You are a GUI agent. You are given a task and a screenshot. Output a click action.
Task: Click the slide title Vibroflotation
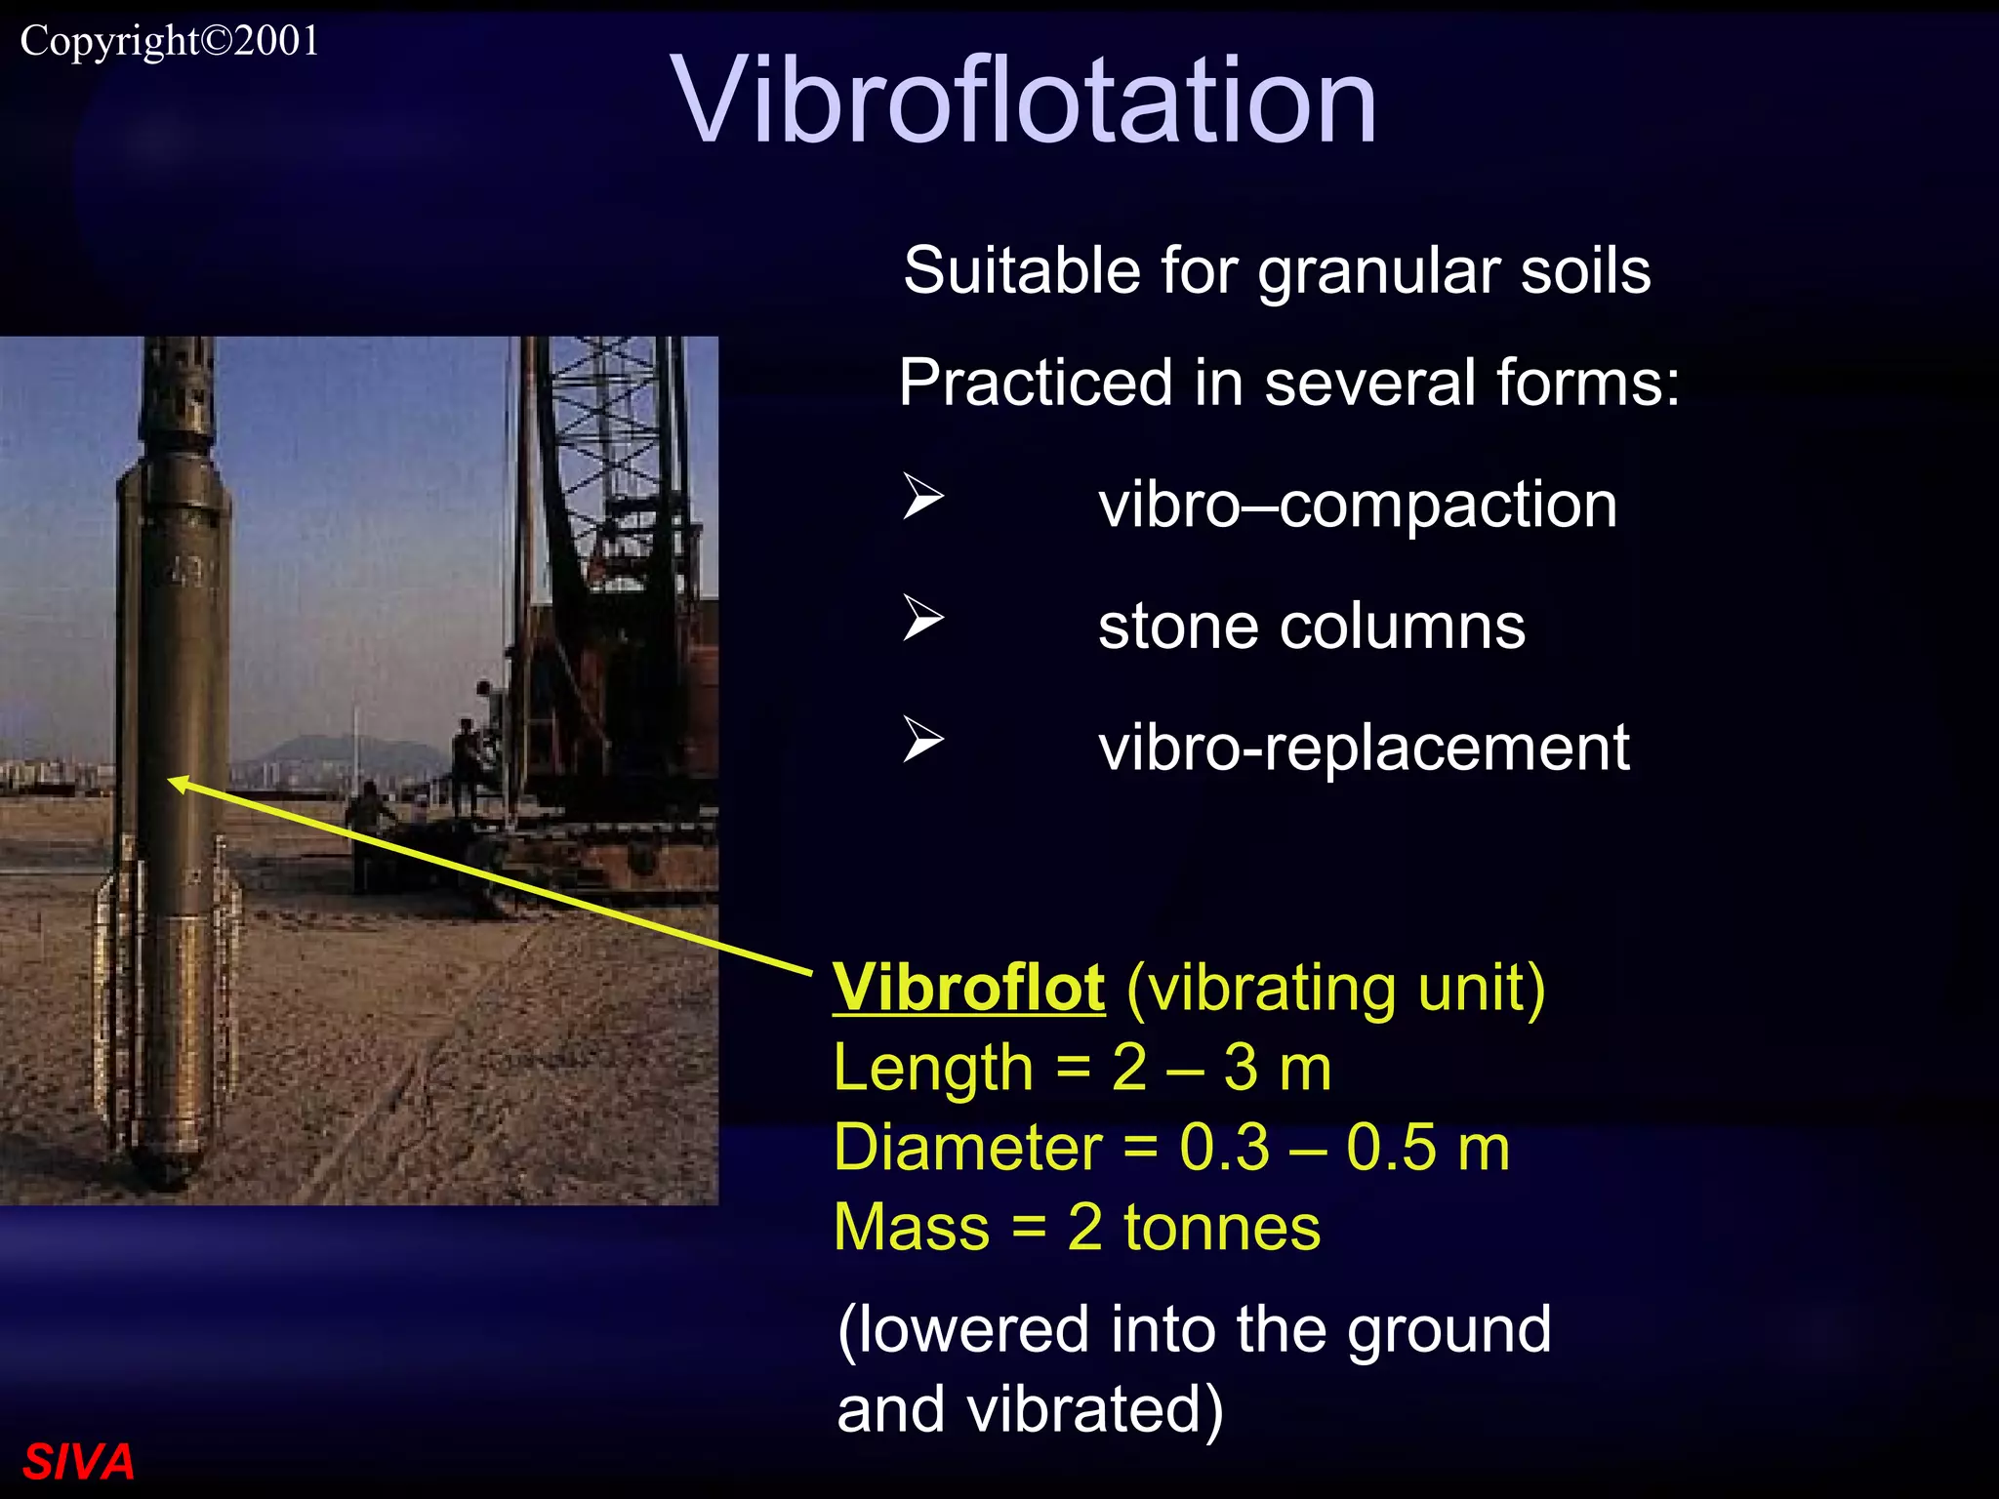coord(1024,101)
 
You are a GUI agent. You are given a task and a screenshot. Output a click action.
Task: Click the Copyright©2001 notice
coord(170,41)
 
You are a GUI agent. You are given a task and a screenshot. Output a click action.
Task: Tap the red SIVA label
coord(78,1461)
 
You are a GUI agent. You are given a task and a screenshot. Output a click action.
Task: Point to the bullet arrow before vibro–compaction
coord(922,497)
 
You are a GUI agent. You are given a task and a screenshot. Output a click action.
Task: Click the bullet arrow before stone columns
coord(922,618)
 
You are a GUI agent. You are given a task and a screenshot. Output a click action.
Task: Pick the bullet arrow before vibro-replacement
coord(922,739)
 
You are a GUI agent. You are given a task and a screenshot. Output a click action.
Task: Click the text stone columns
coord(1311,626)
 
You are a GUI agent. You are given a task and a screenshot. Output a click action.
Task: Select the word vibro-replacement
coord(1364,748)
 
